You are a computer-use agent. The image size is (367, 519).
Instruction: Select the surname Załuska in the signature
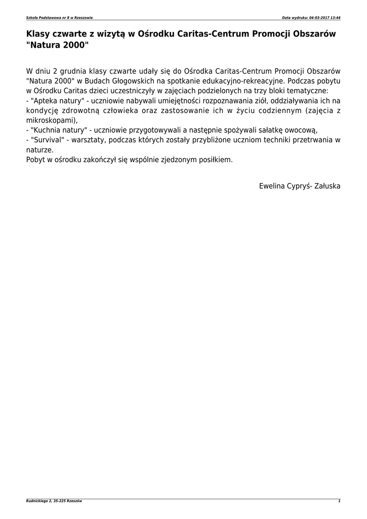(x=327, y=186)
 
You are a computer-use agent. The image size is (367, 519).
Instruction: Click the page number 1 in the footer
(x=339, y=501)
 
